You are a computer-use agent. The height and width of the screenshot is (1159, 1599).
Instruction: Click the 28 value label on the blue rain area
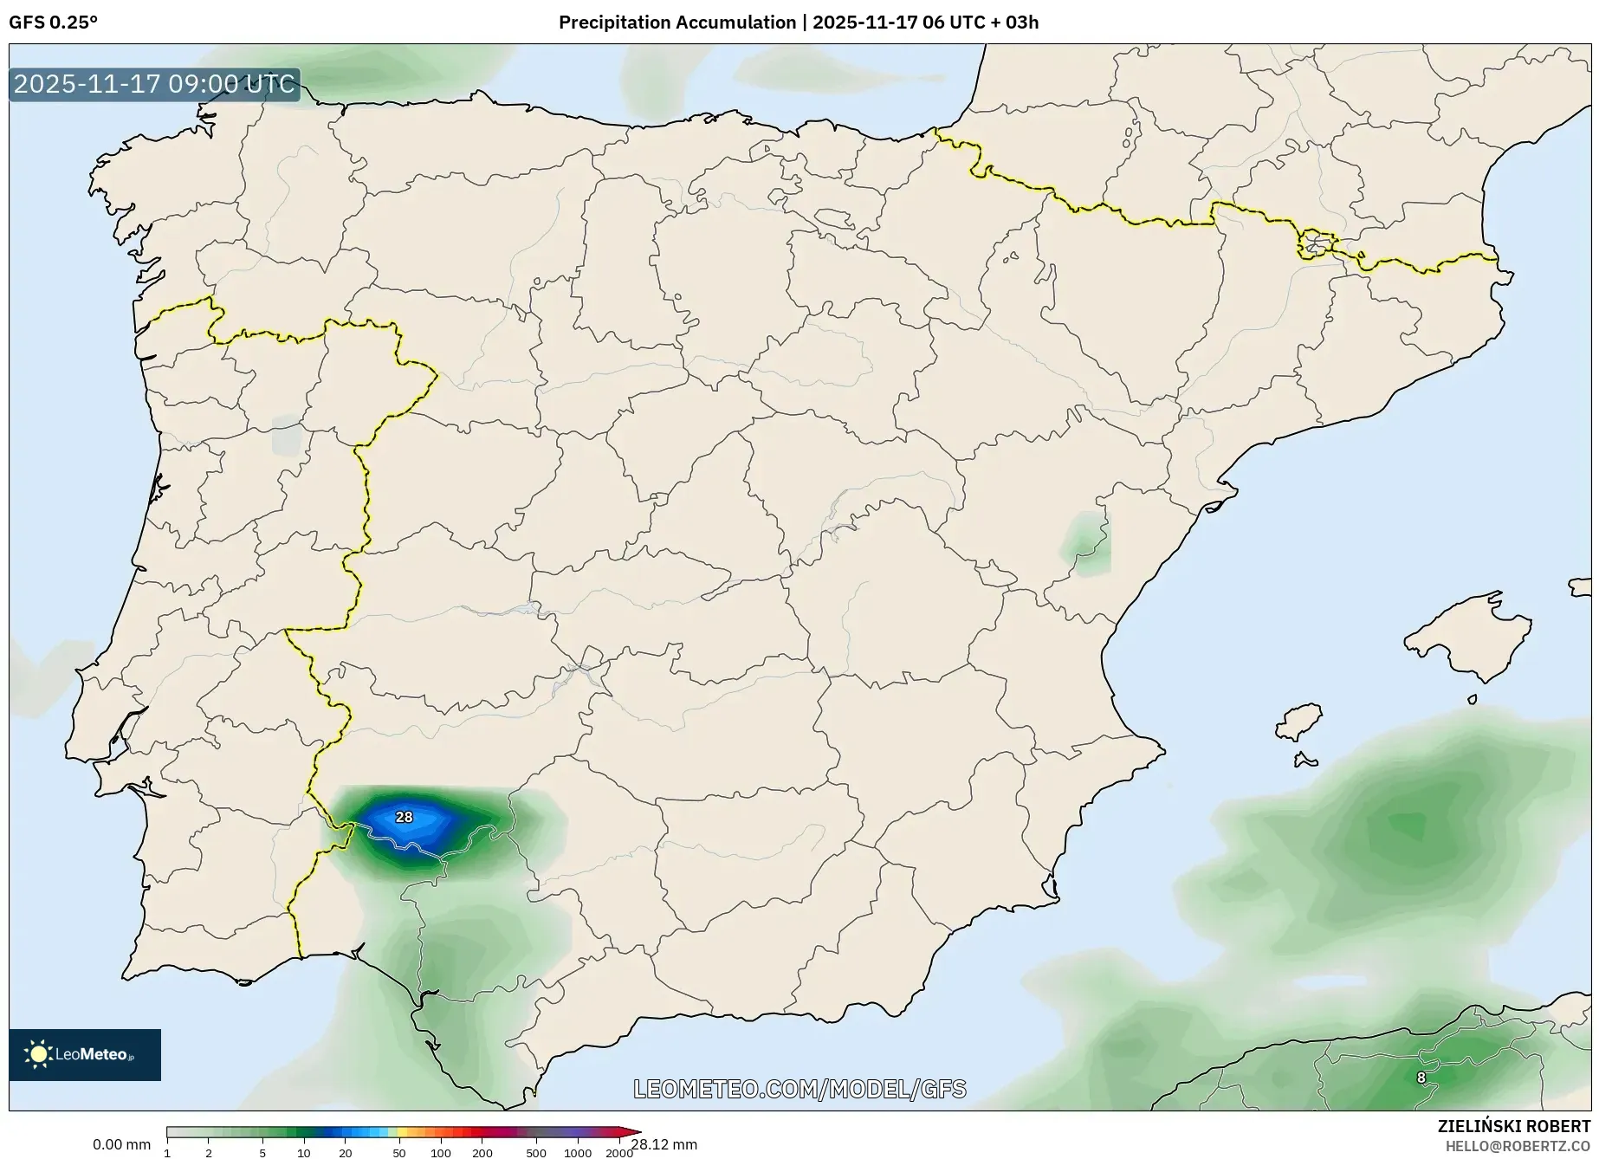click(404, 817)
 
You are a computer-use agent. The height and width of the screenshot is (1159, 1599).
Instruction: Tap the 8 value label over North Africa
click(1421, 1078)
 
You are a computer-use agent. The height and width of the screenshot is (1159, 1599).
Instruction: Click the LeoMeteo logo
click(85, 1054)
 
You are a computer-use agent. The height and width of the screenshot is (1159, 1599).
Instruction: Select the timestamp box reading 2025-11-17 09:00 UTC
click(154, 85)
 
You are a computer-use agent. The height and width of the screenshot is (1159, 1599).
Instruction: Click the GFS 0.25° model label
click(54, 23)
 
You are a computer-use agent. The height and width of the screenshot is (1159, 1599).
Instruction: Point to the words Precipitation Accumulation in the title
click(676, 23)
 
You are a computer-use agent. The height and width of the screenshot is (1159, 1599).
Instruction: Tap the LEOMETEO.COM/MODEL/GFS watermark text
click(799, 1089)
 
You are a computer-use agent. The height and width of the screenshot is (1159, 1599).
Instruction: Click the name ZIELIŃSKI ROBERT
click(1514, 1127)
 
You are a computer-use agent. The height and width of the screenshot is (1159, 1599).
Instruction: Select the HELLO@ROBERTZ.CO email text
click(1518, 1146)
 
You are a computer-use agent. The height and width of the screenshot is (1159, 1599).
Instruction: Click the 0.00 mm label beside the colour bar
click(121, 1145)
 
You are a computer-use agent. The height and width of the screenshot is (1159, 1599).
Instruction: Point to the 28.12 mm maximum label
click(664, 1145)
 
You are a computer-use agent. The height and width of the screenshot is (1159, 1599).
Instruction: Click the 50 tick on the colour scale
click(398, 1153)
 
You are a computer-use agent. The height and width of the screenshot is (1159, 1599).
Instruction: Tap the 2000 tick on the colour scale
click(618, 1153)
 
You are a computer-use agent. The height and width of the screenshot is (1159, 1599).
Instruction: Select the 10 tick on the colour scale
click(303, 1153)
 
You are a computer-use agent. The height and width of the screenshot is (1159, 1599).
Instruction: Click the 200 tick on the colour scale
click(482, 1153)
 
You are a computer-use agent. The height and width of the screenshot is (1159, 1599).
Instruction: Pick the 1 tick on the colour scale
click(167, 1153)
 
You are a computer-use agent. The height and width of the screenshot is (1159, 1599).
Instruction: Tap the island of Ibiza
click(1299, 722)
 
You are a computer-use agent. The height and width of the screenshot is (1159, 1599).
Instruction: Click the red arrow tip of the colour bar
click(635, 1131)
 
